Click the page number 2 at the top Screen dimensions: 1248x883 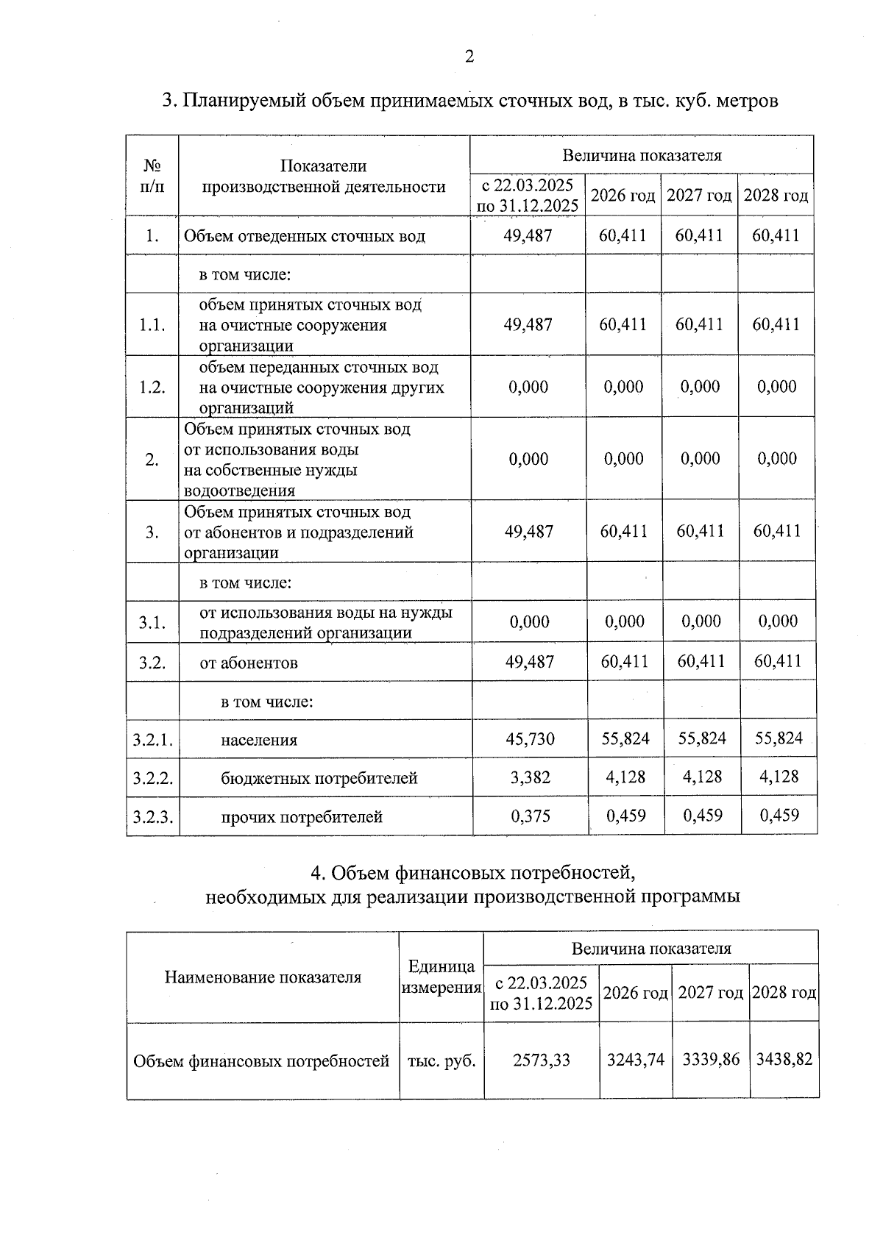click(469, 57)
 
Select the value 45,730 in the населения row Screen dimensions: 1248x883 click(530, 738)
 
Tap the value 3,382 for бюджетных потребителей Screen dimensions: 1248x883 click(530, 777)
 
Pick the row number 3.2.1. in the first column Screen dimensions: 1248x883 click(152, 740)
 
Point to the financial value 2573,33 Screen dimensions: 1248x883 click(542, 1060)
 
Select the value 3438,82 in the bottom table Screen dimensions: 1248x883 click(784, 1059)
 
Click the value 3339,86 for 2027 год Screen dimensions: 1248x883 click(711, 1060)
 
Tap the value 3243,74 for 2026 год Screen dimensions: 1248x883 click(635, 1060)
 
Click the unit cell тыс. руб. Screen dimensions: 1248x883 click(441, 1061)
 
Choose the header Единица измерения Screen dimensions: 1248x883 click(441, 977)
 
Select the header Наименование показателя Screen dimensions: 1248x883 click(263, 977)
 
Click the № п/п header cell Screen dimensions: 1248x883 click(152, 176)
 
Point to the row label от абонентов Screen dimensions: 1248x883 click(249, 663)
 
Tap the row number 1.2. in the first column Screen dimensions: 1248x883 click(152, 388)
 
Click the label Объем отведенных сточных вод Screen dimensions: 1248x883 click(304, 236)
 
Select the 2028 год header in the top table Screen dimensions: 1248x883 click(776, 196)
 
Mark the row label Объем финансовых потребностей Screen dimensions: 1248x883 click(261, 1061)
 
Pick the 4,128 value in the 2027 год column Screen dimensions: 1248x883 click(702, 777)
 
